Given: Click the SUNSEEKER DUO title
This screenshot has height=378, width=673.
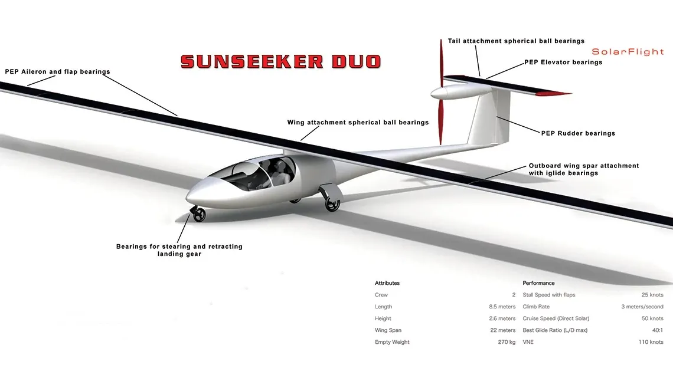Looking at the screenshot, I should point(280,61).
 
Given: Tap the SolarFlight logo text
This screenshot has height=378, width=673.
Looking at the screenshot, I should point(628,52).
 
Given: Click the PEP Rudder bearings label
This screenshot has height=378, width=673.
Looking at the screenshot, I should point(578,133).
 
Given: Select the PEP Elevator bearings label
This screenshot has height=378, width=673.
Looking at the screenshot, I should point(563,63).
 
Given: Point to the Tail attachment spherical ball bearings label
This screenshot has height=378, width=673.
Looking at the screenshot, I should point(516,41).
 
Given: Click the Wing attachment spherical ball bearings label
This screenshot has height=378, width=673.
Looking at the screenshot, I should point(358,123).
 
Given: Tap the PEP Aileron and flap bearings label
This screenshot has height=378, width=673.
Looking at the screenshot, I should point(57,72).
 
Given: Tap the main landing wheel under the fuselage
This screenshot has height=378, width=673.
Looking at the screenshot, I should point(332,204).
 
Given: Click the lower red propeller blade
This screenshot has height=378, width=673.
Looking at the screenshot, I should point(440,121).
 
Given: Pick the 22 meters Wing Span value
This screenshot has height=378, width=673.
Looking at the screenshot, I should point(502,330).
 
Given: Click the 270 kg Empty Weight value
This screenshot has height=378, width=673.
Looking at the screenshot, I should point(506,342).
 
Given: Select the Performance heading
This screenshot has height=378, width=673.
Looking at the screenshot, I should point(538,283).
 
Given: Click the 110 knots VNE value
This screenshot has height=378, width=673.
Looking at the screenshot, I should point(652,342).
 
